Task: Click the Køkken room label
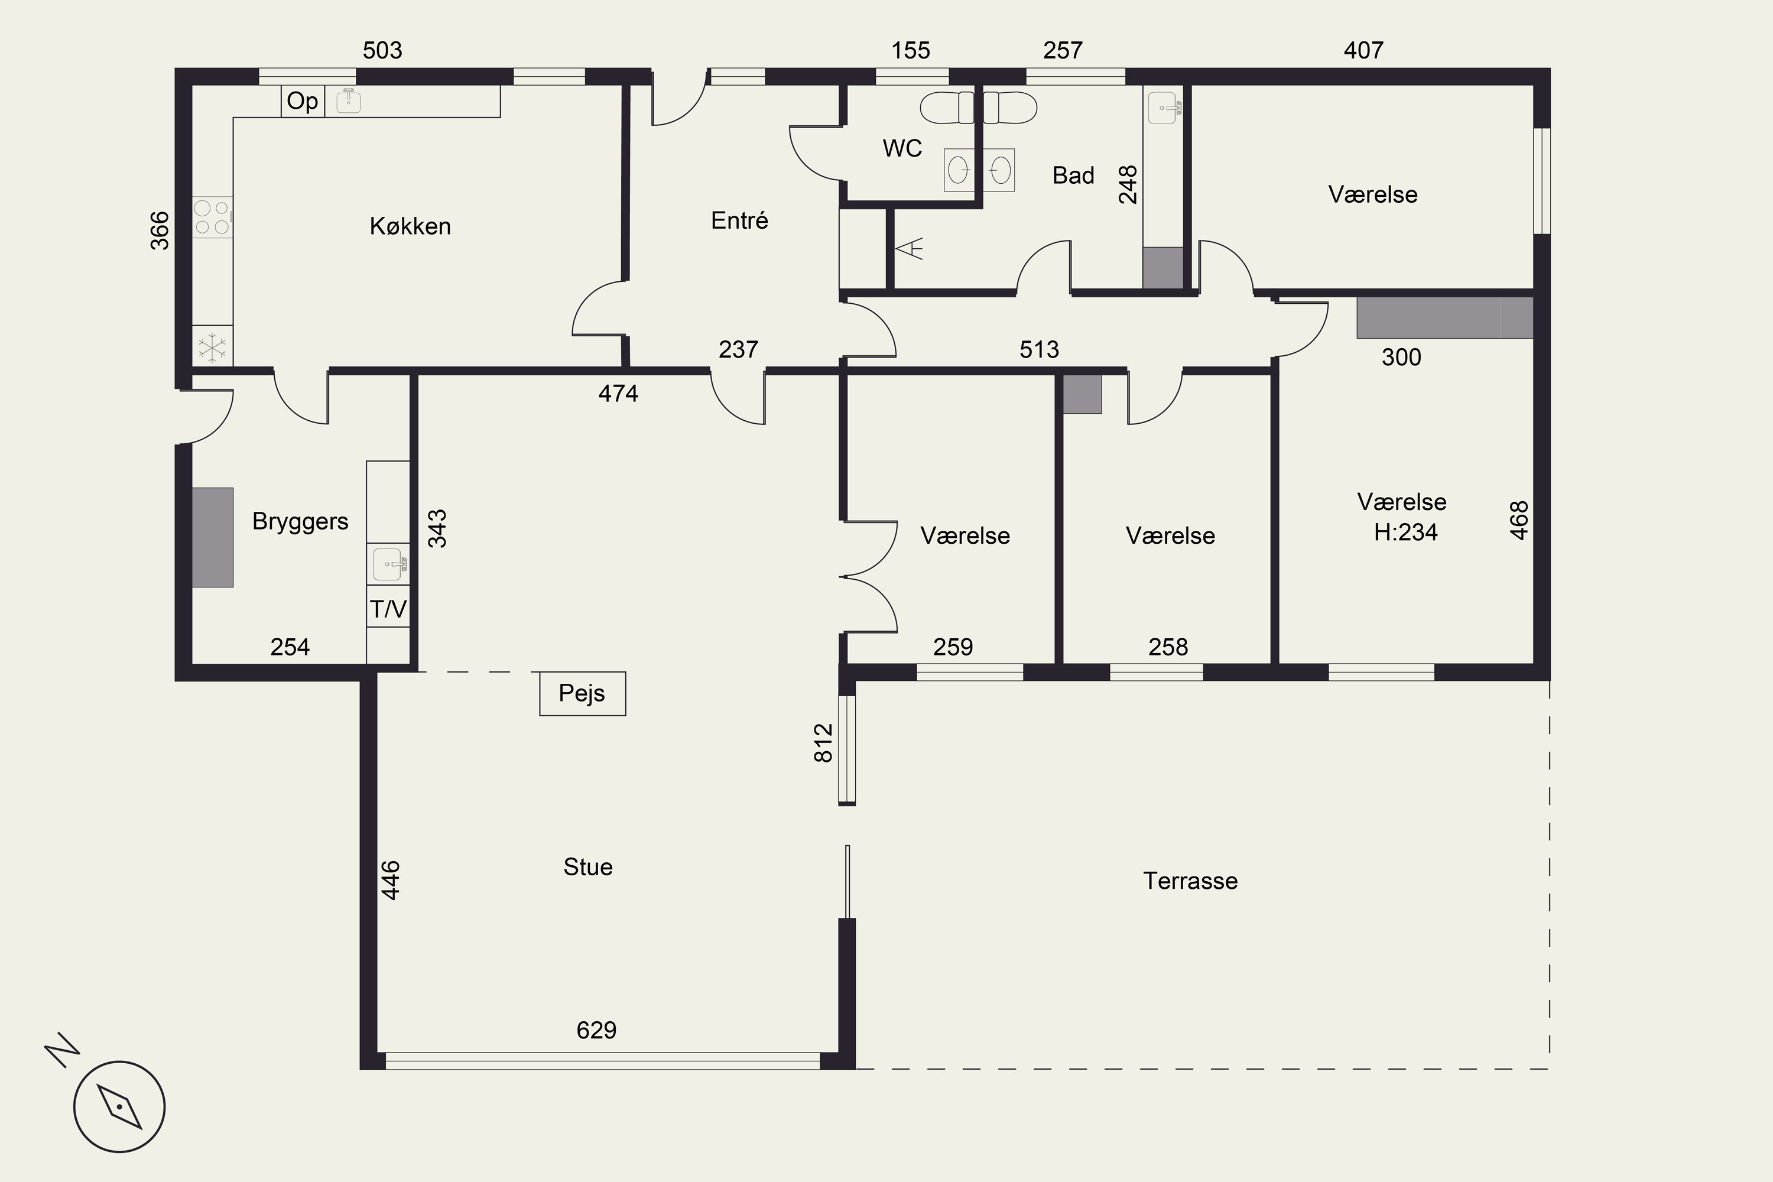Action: click(410, 226)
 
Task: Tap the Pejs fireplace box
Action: click(583, 693)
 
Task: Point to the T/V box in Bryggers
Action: click(388, 608)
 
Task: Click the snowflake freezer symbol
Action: click(212, 348)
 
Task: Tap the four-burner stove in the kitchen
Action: click(212, 217)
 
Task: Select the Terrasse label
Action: click(1190, 881)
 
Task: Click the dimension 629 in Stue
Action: click(596, 1030)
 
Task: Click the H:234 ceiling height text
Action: click(1406, 532)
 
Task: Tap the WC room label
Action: click(902, 148)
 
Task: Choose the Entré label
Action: click(739, 220)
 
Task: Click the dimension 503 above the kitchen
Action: click(382, 50)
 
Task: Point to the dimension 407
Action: click(1363, 50)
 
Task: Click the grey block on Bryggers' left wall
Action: click(213, 537)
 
